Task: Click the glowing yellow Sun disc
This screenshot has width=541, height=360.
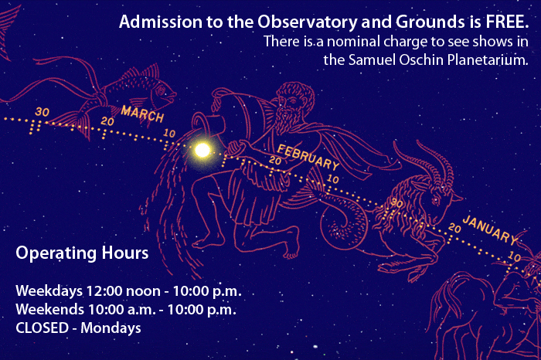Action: (202, 150)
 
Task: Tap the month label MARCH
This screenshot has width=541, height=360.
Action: (142, 114)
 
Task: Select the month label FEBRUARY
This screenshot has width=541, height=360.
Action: (308, 158)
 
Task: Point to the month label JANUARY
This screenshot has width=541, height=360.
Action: (490, 229)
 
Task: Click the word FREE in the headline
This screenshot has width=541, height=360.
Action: (506, 22)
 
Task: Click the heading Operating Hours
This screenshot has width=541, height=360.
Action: (82, 253)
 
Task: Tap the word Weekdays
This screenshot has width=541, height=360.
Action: (49, 291)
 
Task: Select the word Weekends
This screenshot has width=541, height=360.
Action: (49, 309)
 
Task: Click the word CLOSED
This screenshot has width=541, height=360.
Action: (42, 328)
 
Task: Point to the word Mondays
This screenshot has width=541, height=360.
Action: (111, 328)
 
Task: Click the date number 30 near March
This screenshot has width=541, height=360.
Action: (42, 112)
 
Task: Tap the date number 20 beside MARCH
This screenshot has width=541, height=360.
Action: (107, 121)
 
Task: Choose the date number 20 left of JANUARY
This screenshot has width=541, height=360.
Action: (454, 228)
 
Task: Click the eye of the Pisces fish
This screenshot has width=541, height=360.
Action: (161, 90)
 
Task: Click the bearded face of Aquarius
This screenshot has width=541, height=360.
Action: (291, 110)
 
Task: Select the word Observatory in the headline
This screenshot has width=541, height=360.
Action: (307, 22)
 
